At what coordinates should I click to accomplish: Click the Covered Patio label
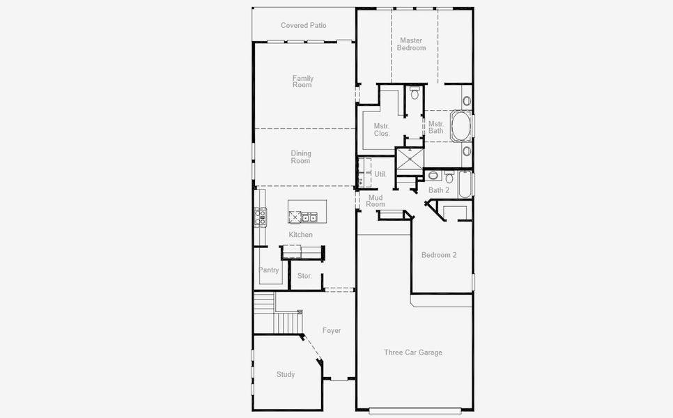[304, 25]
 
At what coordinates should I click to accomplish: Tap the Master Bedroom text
[411, 44]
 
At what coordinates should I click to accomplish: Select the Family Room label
[303, 82]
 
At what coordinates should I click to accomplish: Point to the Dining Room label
[300, 157]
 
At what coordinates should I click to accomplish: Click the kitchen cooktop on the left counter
[260, 217]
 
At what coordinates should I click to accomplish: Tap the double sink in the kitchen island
[309, 217]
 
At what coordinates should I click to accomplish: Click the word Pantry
[269, 270]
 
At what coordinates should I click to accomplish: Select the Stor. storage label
[304, 276]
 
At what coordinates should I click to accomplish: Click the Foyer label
[332, 330]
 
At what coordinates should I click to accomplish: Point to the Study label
[286, 374]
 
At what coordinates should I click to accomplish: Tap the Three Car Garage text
[413, 353]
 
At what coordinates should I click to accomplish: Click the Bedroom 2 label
[439, 255]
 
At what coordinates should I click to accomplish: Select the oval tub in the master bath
[461, 126]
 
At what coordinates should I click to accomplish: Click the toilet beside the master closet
[415, 93]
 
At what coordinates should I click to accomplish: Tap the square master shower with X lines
[410, 160]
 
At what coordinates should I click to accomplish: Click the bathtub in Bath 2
[465, 185]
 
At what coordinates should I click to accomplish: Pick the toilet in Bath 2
[449, 177]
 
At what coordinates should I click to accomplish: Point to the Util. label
[380, 174]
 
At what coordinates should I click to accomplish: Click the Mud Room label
[376, 201]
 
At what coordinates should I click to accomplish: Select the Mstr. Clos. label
[382, 130]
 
